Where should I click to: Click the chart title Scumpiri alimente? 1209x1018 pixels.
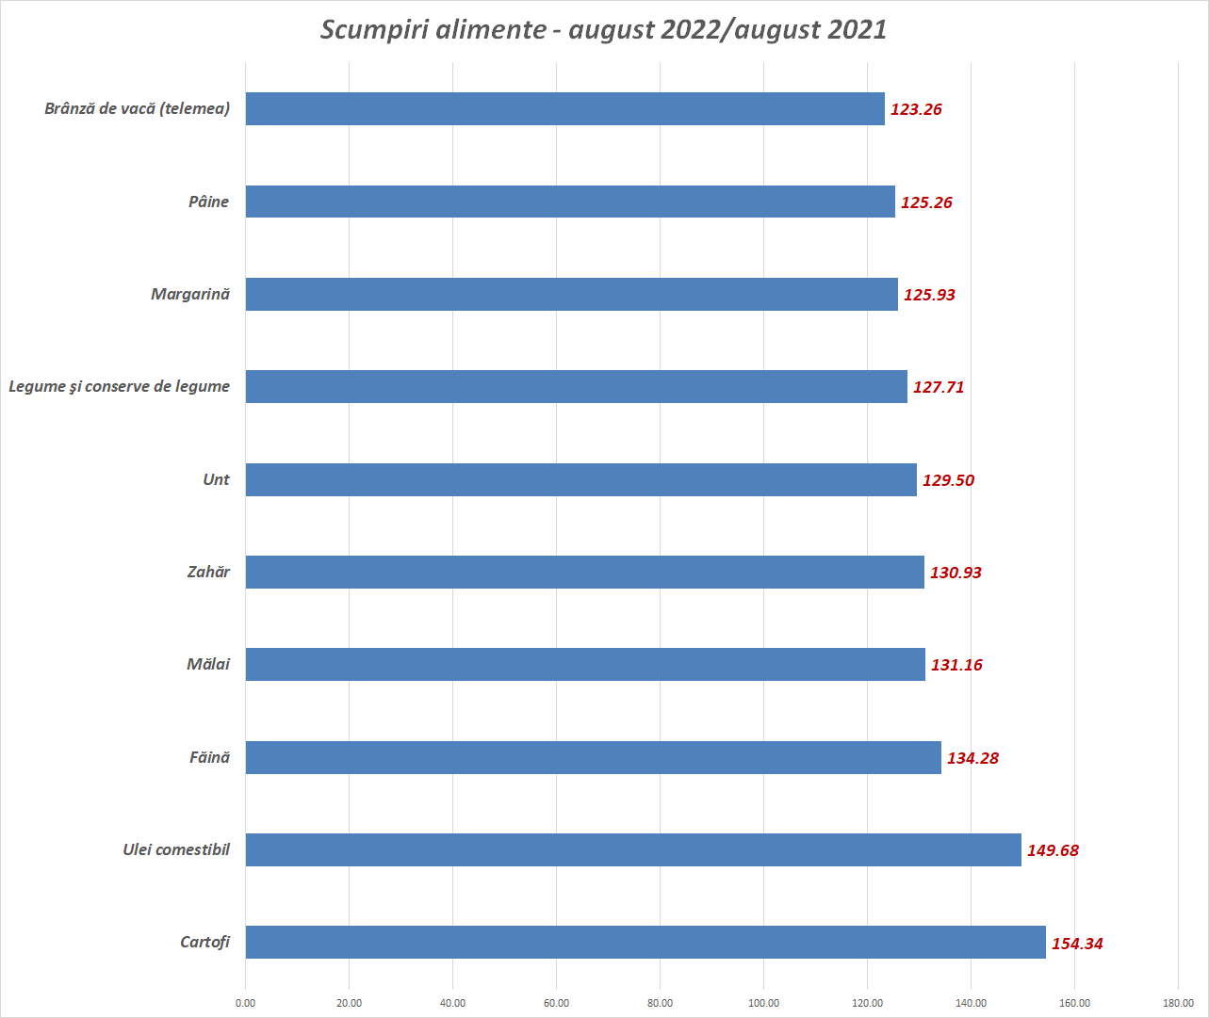[603, 29]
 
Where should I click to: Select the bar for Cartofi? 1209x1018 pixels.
[645, 942]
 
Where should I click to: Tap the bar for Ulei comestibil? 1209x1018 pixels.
[633, 849]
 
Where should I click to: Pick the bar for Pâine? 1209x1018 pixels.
[570, 202]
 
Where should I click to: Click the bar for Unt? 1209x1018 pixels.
[580, 479]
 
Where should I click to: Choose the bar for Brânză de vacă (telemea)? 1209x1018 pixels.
[565, 108]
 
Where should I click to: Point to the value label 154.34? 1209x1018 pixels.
[1077, 944]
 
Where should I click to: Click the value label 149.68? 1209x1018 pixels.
[1053, 850]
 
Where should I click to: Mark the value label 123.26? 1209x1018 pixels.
[916, 109]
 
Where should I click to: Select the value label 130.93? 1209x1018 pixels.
[956, 573]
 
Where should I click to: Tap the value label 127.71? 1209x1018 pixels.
[939, 387]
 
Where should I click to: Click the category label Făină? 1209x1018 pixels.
[209, 757]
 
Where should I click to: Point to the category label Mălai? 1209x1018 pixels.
[208, 664]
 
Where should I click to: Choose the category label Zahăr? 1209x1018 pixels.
[208, 572]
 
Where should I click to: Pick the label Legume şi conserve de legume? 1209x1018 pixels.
[120, 386]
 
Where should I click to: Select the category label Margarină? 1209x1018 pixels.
[190, 294]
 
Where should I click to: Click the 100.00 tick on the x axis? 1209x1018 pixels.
[763, 1003]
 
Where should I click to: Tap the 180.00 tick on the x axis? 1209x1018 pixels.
[1178, 1003]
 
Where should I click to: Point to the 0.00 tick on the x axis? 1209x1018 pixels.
[245, 1003]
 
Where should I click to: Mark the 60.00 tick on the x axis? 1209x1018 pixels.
[556, 1003]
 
